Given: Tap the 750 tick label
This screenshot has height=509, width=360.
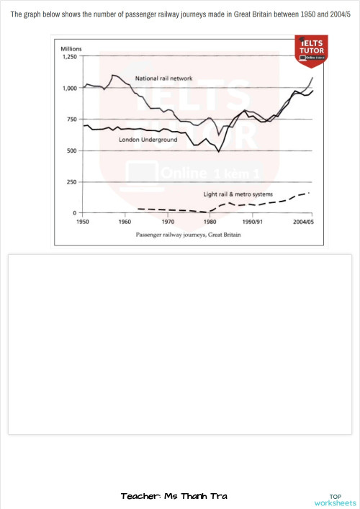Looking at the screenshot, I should coord(71,120).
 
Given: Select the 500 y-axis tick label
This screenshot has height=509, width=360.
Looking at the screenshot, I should coord(71,150).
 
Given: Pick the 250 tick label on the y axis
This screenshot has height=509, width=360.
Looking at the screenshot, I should coord(71,182).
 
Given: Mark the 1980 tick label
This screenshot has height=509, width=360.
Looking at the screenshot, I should coord(210,222).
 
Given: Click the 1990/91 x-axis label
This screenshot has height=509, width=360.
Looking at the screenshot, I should coord(253,222).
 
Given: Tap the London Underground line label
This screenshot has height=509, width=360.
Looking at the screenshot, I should coord(148,140).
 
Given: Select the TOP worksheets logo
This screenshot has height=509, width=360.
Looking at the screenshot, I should coord(335,499).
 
